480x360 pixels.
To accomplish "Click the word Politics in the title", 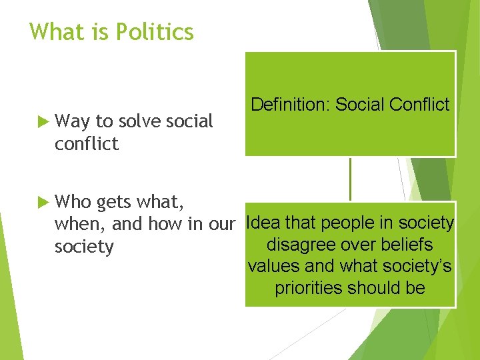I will click(153, 32).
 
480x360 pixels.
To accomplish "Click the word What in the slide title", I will click(55, 32).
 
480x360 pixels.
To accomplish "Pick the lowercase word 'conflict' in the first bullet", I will click(87, 144).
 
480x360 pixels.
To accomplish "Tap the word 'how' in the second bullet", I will click(168, 224).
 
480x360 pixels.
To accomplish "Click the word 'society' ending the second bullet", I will click(84, 247).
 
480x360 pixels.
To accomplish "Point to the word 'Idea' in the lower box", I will click(264, 223).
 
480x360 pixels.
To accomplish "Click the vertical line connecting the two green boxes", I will click(350, 179).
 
